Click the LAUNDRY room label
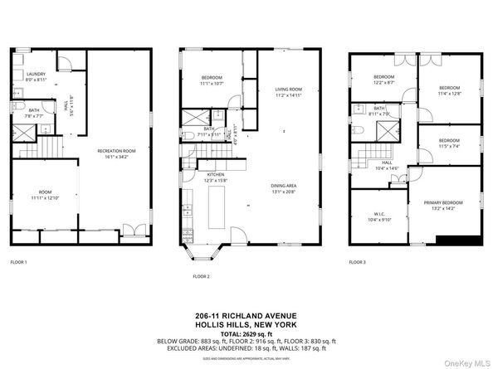[x=36, y=74]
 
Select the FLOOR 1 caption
[x=18, y=262]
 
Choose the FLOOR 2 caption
[x=202, y=275]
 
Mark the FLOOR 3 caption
[x=357, y=262]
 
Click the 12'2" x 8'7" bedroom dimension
[x=383, y=83]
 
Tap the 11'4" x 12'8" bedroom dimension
[x=449, y=94]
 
